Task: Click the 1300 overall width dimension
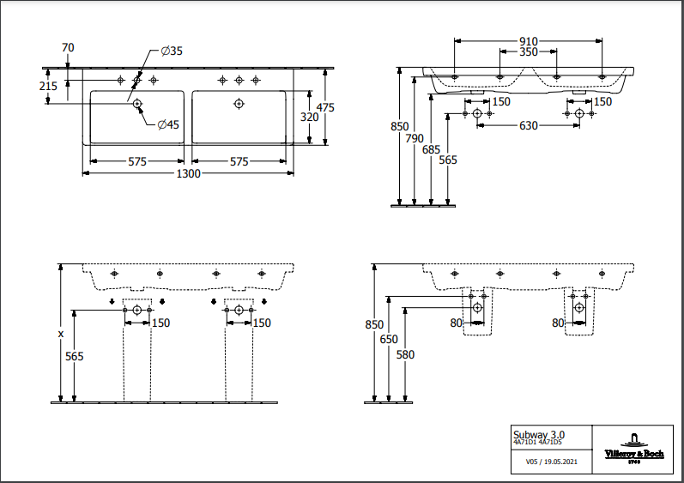[x=189, y=174]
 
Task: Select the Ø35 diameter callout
[x=172, y=51]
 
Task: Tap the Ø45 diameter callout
[x=168, y=125]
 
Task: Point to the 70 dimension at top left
[x=69, y=46]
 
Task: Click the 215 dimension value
[x=48, y=86]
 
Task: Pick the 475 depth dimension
[x=324, y=107]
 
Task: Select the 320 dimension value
[x=308, y=116]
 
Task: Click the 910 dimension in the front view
[x=528, y=41]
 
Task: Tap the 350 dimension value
[x=529, y=52]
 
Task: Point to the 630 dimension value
[x=529, y=126]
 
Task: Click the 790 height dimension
[x=415, y=137]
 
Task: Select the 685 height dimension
[x=431, y=148]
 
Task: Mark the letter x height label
[x=60, y=332]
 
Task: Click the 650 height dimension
[x=389, y=339]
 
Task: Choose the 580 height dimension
[x=405, y=354]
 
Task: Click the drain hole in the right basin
[x=239, y=104]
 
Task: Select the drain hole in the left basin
[x=136, y=104]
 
